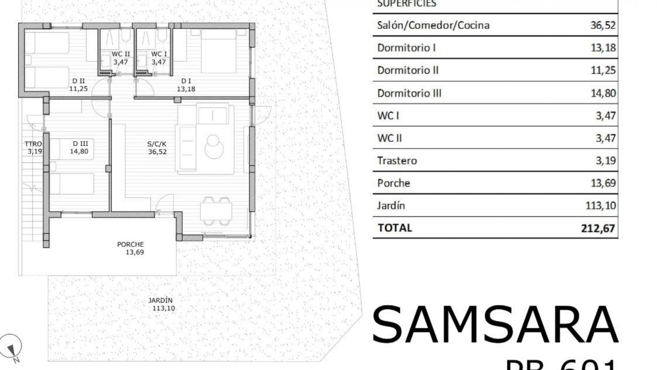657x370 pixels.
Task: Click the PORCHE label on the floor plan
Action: (x=130, y=245)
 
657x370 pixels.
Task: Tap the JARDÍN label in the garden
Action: (x=160, y=300)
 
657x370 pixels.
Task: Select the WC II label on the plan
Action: (x=121, y=54)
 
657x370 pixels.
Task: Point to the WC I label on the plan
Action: (x=159, y=54)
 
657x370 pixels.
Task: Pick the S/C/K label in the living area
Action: (x=157, y=144)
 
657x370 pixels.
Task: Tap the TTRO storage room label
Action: (x=34, y=144)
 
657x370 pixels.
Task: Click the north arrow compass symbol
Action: (x=11, y=347)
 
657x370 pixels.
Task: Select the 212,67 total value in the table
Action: (x=598, y=228)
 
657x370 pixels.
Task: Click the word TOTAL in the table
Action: (x=395, y=228)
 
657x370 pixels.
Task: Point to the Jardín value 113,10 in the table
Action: (x=601, y=206)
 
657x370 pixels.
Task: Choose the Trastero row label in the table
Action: (x=397, y=161)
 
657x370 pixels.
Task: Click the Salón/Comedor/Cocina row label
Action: (x=433, y=25)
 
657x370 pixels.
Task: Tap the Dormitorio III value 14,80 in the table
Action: (x=603, y=93)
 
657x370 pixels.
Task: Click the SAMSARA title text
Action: (x=495, y=325)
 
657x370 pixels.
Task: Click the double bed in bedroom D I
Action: (x=219, y=51)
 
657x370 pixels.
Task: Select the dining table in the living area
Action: (x=216, y=211)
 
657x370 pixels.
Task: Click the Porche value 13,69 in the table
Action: (x=603, y=183)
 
